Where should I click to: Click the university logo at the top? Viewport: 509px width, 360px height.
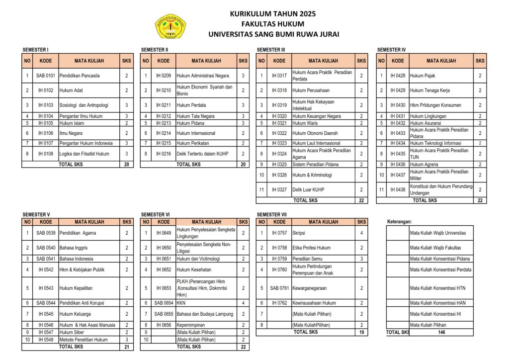click(171, 26)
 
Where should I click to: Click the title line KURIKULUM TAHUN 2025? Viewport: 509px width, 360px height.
click(272, 14)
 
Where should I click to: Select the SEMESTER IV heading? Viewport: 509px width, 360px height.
click(392, 50)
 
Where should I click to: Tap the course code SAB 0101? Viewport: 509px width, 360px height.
click(46, 76)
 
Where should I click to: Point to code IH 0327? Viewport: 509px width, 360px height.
click(279, 189)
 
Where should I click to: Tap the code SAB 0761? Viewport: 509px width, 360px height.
click(279, 288)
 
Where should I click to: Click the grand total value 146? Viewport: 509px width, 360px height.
click(441, 332)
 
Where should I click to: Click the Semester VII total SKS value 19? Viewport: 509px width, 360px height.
click(361, 332)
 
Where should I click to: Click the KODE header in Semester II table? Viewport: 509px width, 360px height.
click(163, 61)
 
